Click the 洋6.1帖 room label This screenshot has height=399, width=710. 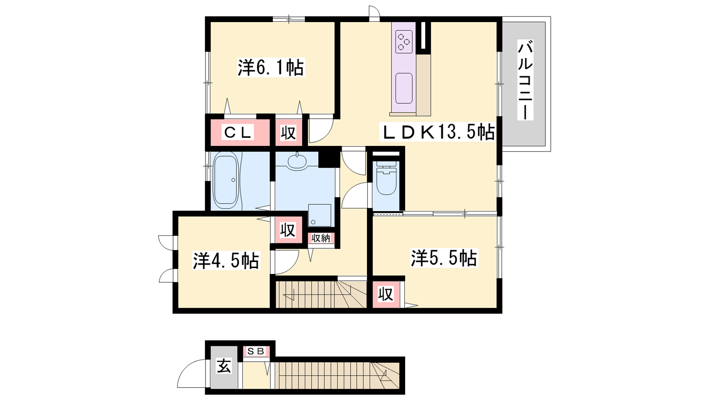(271, 67)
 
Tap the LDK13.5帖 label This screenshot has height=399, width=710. (438, 132)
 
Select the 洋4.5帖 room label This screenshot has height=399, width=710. (226, 260)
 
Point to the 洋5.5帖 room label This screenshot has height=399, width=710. (444, 258)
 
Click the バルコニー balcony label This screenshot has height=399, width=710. (525, 80)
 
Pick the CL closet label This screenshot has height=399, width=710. (238, 133)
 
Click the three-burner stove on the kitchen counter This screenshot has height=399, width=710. (404, 42)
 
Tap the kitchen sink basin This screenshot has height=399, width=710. (404, 88)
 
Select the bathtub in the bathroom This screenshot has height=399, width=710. (226, 180)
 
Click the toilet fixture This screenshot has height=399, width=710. (387, 177)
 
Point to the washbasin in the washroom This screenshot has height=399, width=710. (297, 161)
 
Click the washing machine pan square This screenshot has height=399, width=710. (320, 215)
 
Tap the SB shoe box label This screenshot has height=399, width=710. (256, 351)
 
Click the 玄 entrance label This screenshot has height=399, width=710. (224, 367)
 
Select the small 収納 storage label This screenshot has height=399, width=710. (321, 238)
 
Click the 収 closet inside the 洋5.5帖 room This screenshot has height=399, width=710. (386, 293)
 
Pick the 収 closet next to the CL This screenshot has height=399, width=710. (288, 133)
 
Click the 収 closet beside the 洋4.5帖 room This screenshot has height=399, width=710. (288, 230)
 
